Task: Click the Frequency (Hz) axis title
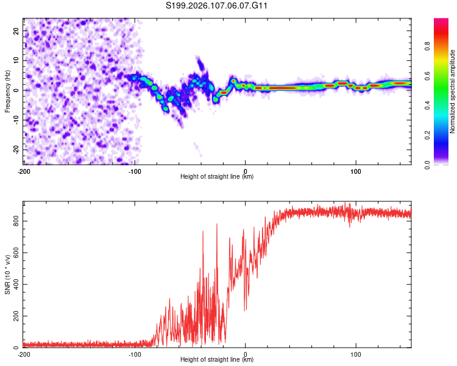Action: point(7,91)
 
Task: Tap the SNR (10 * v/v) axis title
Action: point(7,274)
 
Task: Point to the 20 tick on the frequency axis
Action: point(16,30)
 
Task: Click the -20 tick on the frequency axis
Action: point(15,149)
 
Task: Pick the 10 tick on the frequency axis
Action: point(16,60)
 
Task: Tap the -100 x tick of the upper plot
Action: point(134,171)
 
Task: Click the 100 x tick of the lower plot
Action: point(356,354)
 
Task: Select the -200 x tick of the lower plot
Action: point(23,354)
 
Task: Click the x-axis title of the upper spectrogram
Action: point(217,177)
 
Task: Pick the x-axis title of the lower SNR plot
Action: point(217,360)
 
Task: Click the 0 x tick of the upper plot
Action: point(246,171)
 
